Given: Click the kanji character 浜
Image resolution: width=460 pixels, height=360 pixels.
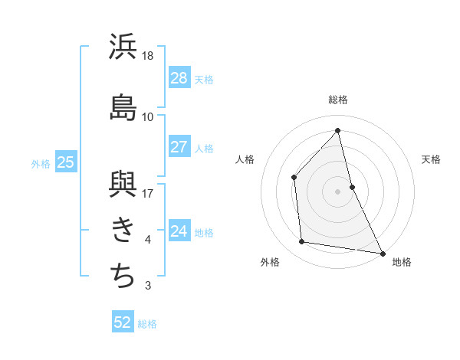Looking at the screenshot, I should click(x=123, y=47).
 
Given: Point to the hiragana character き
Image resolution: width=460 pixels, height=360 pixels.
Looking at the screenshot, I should click(x=123, y=229).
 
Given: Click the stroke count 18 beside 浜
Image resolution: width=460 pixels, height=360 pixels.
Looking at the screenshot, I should click(x=149, y=56).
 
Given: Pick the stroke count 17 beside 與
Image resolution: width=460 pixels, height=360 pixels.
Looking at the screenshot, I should click(x=149, y=193).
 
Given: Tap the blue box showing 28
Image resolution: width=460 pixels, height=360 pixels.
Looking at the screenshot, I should click(x=179, y=78).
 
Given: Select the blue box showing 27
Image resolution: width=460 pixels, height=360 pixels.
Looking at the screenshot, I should click(x=179, y=147).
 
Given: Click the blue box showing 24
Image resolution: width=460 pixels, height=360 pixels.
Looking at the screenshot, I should click(x=179, y=231).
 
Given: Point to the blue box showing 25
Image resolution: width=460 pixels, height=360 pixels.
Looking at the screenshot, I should click(x=65, y=162).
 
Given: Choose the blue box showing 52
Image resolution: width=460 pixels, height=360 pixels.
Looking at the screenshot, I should click(x=123, y=322).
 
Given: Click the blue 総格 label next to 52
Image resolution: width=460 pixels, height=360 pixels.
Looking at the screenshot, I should click(x=147, y=324).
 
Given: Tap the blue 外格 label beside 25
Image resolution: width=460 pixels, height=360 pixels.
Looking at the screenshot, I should click(x=41, y=163).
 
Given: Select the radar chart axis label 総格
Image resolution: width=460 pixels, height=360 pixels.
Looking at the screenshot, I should click(x=338, y=100).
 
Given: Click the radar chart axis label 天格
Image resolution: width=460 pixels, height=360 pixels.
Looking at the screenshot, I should click(x=431, y=159).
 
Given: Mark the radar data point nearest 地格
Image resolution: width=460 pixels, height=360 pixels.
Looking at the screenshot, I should click(x=382, y=253).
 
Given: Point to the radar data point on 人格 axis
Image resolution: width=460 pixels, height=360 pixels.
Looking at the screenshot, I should click(x=294, y=177).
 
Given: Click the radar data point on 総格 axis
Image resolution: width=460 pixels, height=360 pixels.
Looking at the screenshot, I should click(x=338, y=131).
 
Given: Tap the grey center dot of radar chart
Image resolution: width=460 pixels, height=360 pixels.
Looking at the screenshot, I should click(x=338, y=191).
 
